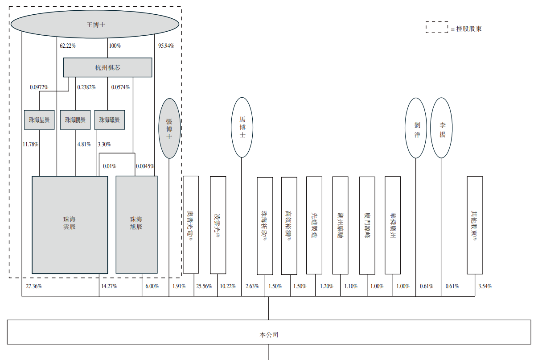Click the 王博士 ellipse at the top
coord(96,25)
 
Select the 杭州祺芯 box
coord(107,68)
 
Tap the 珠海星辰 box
coord(39,120)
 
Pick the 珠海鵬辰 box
coord(75,120)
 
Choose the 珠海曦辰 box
coord(109,120)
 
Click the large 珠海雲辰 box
coord(70,224)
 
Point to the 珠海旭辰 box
coord(136,224)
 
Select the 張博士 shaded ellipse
coord(169,128)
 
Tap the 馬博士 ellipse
coord(242,127)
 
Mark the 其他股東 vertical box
coord(475,225)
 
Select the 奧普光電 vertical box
coord(191,224)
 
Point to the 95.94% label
coord(166,46)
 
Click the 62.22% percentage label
coord(68,46)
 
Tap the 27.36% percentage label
coord(34,286)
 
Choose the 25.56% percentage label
coord(204,286)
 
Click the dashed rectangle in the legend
coord(437,28)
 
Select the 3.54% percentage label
coord(485,286)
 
